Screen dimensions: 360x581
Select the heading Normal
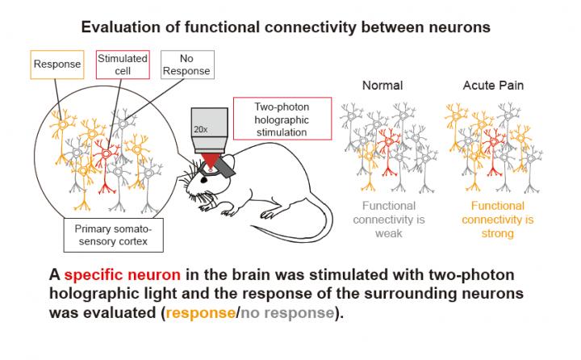pyautogui.click(x=382, y=85)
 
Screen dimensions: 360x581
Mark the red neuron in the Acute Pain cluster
pyautogui.click(x=497, y=149)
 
